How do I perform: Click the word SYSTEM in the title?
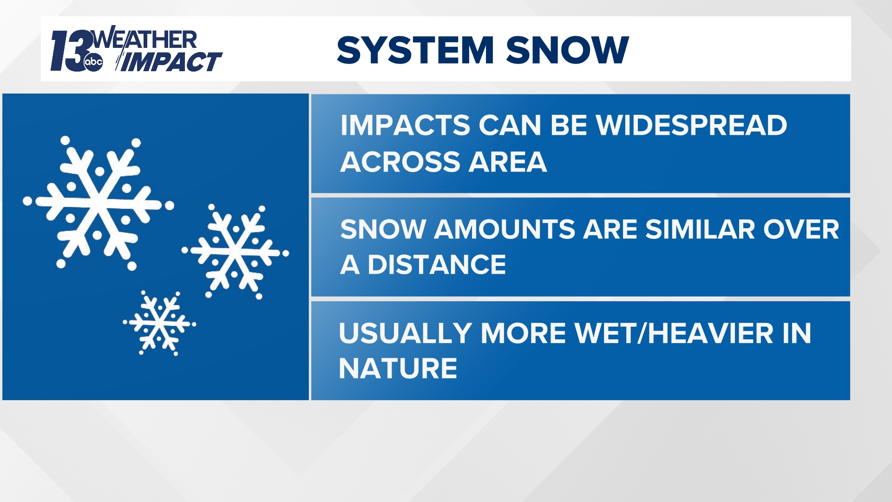(x=415, y=50)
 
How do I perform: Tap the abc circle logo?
(x=93, y=62)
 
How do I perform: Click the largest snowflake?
(x=98, y=204)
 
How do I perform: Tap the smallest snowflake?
(x=159, y=323)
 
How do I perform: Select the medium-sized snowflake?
(x=235, y=252)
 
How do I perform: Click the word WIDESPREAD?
(x=691, y=125)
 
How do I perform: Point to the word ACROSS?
(x=400, y=162)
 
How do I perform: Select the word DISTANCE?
(x=436, y=264)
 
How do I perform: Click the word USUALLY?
(x=405, y=333)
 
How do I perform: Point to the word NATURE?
(x=398, y=368)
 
